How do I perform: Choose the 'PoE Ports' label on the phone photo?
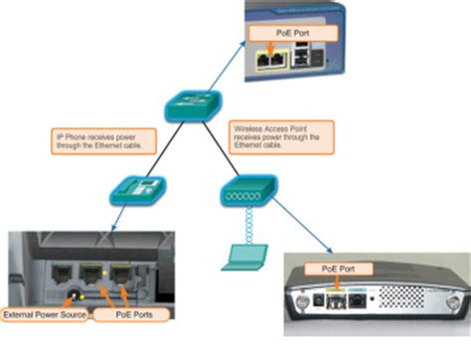click(123, 316)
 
